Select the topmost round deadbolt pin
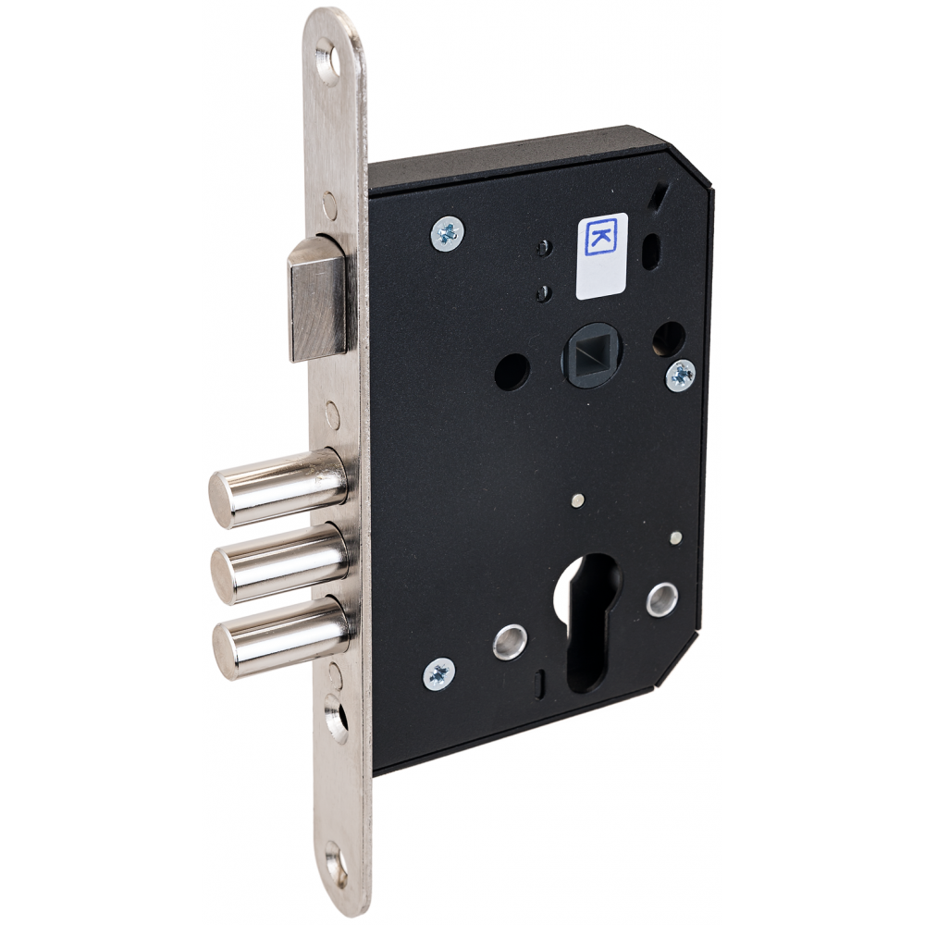277,488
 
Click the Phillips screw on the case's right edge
681,375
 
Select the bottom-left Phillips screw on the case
439,674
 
